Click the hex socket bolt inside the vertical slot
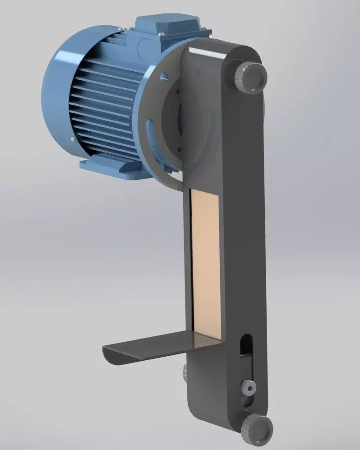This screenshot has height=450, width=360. [x=248, y=386]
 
